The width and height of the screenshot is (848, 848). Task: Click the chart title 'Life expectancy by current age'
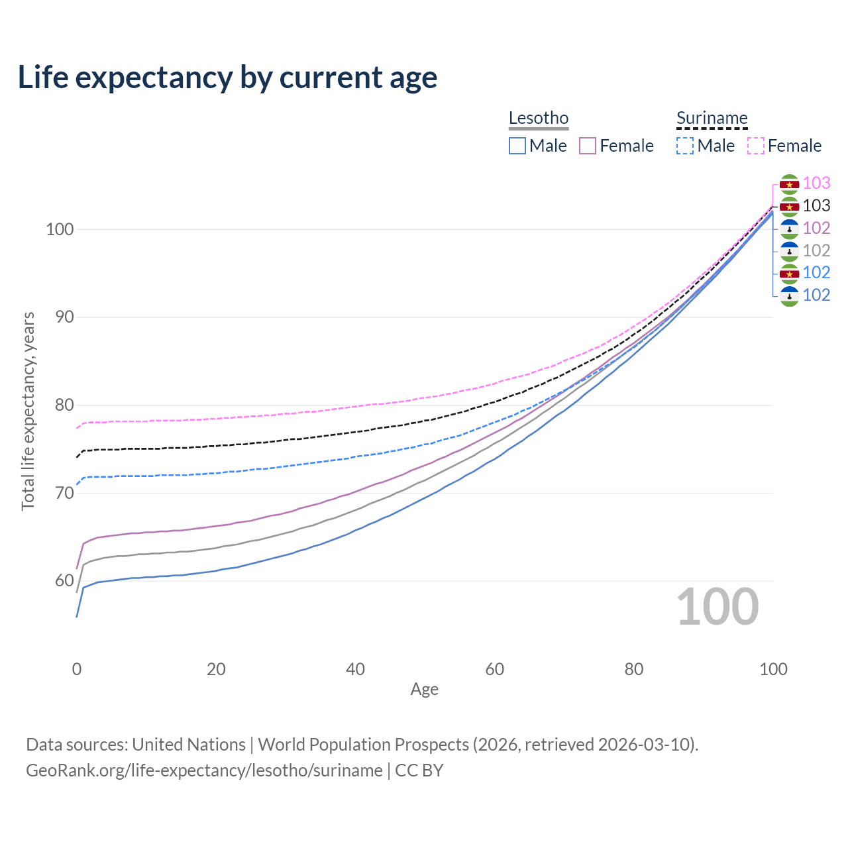(x=227, y=78)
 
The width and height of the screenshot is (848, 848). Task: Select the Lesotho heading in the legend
(x=539, y=118)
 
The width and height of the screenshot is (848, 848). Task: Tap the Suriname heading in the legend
(x=712, y=118)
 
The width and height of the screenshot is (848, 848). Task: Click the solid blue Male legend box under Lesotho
(x=517, y=146)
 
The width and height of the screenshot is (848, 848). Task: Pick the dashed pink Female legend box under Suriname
(x=756, y=146)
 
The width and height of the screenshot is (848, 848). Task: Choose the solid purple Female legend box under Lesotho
(x=588, y=146)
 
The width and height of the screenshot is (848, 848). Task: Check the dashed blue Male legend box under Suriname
(x=685, y=146)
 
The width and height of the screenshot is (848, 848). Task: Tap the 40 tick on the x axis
(x=356, y=669)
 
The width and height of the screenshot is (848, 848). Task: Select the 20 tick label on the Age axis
(x=216, y=669)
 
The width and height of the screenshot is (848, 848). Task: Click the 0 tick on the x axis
(x=77, y=669)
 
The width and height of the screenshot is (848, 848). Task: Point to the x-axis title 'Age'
(x=424, y=690)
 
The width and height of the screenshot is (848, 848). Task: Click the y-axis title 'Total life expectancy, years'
(x=28, y=411)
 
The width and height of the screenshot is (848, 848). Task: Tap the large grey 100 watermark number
(x=717, y=607)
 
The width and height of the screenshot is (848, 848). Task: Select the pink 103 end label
(x=816, y=183)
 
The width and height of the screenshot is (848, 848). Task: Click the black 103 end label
(x=816, y=205)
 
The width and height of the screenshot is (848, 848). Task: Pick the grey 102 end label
(x=816, y=250)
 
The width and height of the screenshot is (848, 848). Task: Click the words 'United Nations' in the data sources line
(x=189, y=745)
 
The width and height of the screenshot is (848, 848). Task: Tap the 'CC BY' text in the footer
(x=419, y=770)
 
